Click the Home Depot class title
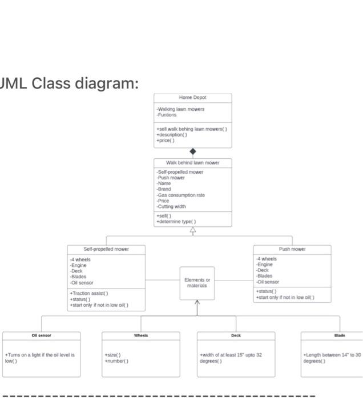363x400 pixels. [x=192, y=98]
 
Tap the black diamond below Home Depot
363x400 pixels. [x=193, y=151]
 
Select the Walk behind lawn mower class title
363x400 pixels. [x=192, y=163]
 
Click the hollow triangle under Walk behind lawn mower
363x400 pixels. [x=193, y=231]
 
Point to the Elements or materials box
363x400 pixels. [x=197, y=282]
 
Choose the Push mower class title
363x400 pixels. [x=292, y=249]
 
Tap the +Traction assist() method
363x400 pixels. [x=89, y=293]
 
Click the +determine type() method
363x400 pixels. [x=176, y=222]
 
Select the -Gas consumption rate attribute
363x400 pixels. [x=180, y=195]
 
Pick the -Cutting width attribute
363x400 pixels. [x=171, y=206]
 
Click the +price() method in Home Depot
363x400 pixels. [x=167, y=140]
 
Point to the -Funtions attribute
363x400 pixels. [x=167, y=114]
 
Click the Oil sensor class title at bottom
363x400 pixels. [x=41, y=335]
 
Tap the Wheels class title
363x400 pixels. [x=141, y=335]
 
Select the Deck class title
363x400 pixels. [x=236, y=335]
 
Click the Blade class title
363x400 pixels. [x=340, y=335]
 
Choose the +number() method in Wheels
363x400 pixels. [x=116, y=361]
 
